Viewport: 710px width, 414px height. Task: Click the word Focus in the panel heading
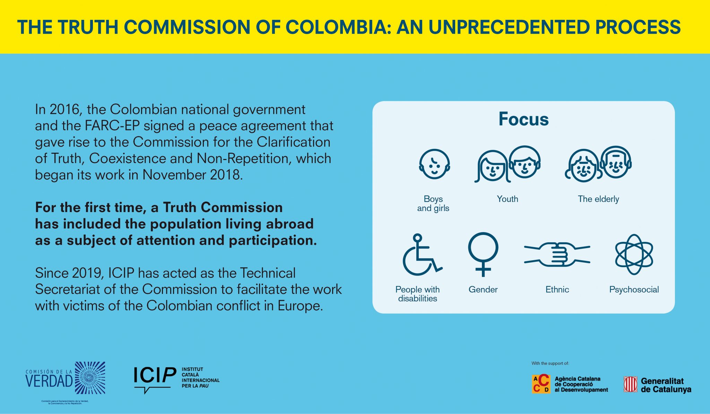click(523, 119)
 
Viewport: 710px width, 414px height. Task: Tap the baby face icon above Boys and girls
click(434, 164)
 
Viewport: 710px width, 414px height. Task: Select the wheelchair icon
click(422, 254)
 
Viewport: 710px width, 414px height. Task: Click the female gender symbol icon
click(483, 254)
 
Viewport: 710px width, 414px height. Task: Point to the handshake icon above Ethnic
click(557, 254)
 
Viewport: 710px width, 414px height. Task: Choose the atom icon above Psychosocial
click(634, 254)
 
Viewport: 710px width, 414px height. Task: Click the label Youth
click(508, 199)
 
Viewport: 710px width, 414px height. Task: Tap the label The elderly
click(598, 199)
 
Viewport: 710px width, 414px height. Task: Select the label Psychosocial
click(634, 289)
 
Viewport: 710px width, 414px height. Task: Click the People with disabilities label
click(417, 294)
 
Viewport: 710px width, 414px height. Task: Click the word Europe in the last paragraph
click(300, 306)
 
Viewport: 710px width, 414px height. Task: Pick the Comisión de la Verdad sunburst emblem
click(90, 378)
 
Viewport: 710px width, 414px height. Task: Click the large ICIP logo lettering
click(155, 376)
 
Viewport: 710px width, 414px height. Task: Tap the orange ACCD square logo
click(541, 384)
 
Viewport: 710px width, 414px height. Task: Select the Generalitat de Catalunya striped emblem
click(631, 385)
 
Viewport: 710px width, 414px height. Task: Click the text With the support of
click(550, 363)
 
